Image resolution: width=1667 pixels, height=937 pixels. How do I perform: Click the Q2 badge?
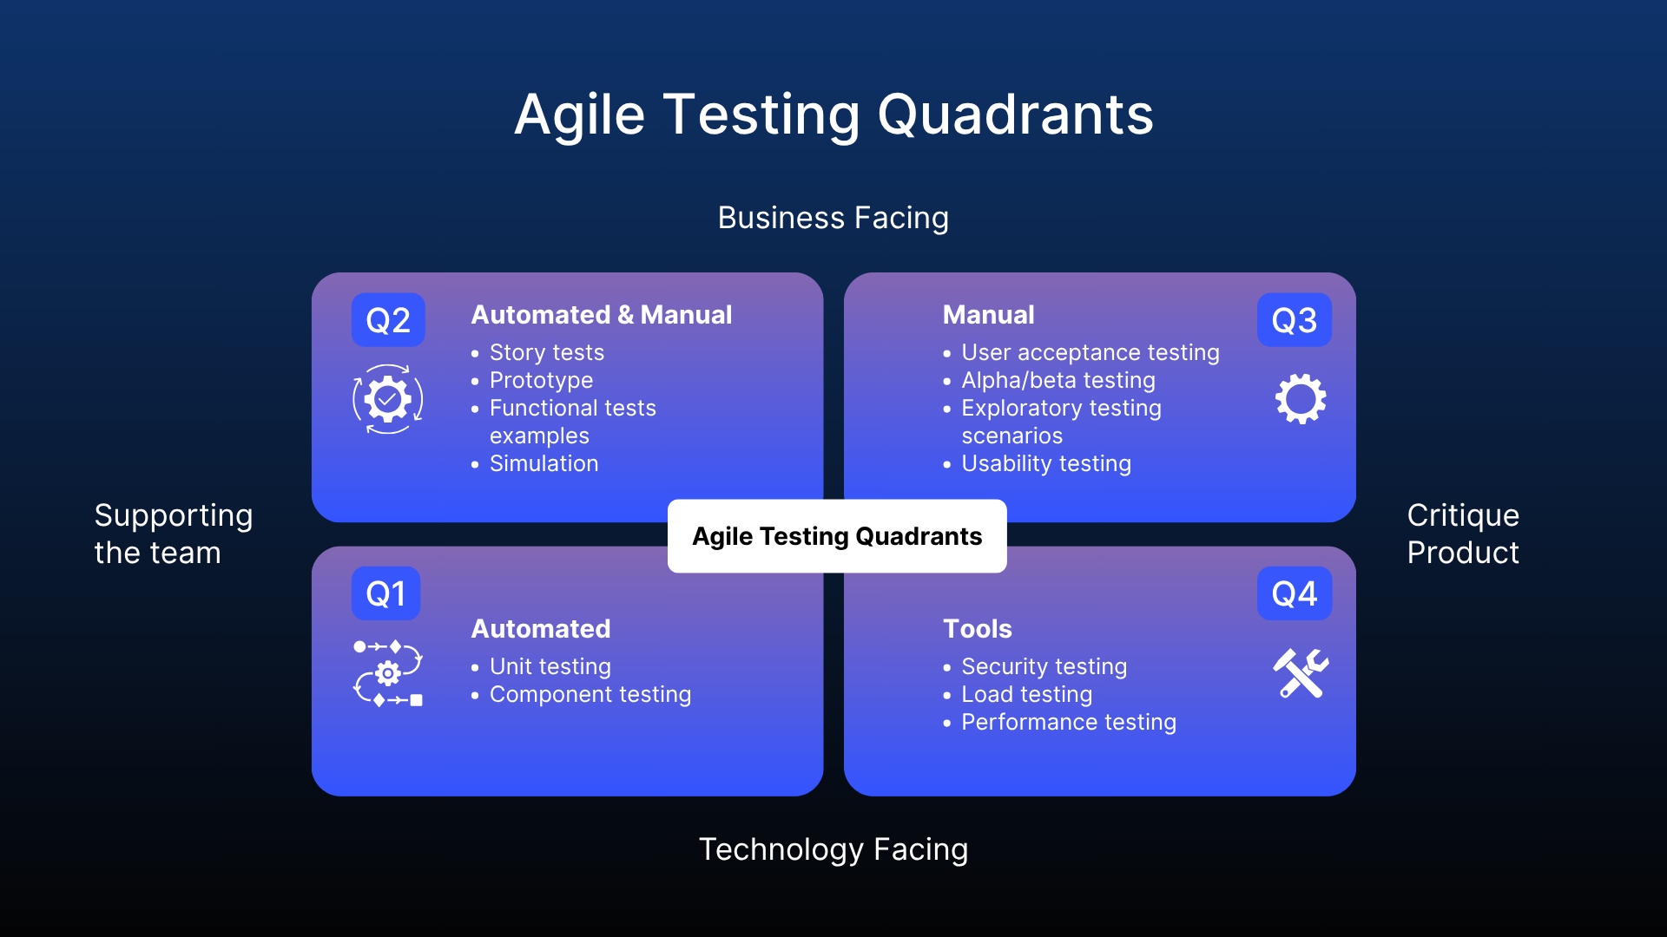pyautogui.click(x=388, y=320)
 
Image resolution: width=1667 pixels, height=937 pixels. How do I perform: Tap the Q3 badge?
pyautogui.click(x=1294, y=320)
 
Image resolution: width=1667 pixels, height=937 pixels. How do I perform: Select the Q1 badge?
pyautogui.click(x=385, y=593)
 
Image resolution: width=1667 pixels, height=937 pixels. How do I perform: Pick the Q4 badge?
pyautogui.click(x=1294, y=593)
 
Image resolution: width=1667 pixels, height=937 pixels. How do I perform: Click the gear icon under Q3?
pyautogui.click(x=1300, y=399)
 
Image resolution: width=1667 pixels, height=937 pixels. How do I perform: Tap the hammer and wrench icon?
pyautogui.click(x=1300, y=673)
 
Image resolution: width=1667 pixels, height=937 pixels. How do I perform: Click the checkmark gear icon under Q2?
pyautogui.click(x=387, y=399)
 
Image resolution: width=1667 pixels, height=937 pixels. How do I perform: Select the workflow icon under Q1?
pyautogui.click(x=387, y=673)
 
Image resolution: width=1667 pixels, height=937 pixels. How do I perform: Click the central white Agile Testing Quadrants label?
pyautogui.click(x=837, y=536)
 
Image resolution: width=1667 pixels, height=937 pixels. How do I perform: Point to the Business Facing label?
pyautogui.click(x=833, y=218)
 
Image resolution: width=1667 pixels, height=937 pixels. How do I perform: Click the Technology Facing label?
pyautogui.click(x=833, y=849)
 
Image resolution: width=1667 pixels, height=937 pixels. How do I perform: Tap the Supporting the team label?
pyautogui.click(x=173, y=534)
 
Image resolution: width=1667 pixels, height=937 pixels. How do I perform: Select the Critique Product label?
pyautogui.click(x=1463, y=534)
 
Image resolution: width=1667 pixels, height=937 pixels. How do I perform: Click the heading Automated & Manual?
pyautogui.click(x=601, y=315)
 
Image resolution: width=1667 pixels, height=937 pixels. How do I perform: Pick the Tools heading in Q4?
pyautogui.click(x=978, y=629)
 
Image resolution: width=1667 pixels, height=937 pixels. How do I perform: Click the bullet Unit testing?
pyautogui.click(x=550, y=666)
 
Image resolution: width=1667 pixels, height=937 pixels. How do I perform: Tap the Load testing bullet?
pyautogui.click(x=1026, y=694)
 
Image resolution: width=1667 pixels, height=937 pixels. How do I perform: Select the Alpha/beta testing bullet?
pyautogui.click(x=1058, y=380)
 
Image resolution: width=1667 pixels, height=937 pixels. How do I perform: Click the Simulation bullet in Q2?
pyautogui.click(x=544, y=463)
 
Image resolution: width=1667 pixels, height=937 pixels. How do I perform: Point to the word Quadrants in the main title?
pyautogui.click(x=1015, y=115)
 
